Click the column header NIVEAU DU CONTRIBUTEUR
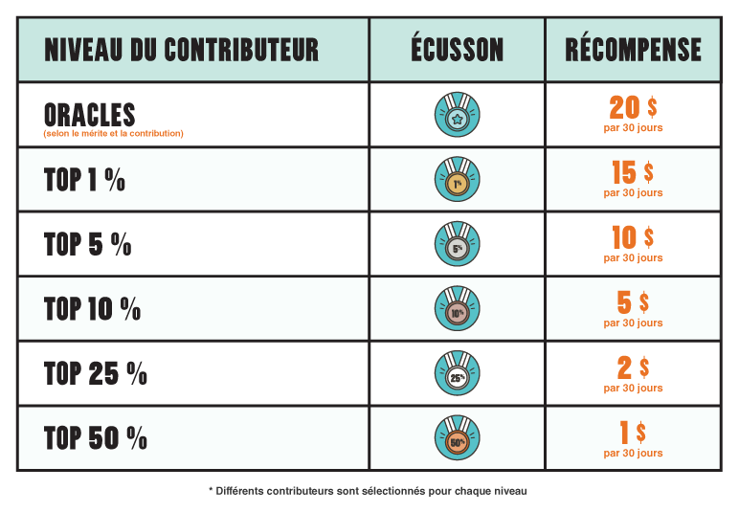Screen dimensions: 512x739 coord(181,49)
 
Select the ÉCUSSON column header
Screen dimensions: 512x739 coord(457,49)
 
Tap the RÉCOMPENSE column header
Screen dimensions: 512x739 coord(633,49)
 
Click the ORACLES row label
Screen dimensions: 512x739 coord(90,115)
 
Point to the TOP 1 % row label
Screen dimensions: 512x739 coord(84,180)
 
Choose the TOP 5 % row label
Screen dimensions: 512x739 coord(88,245)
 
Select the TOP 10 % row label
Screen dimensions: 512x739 coord(92,309)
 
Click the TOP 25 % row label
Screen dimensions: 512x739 coord(96,374)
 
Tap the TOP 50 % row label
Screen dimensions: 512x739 coord(96,438)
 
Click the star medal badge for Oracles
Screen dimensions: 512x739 coord(457,115)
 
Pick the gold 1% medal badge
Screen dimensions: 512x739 coord(457,180)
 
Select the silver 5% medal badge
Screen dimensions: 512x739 coord(457,244)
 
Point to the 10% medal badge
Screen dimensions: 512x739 coord(457,309)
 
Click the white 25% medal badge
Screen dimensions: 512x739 coord(457,374)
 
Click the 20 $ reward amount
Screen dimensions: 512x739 coord(633,108)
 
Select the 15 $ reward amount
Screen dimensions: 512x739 coord(633,173)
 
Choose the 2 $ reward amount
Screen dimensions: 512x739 coord(633,367)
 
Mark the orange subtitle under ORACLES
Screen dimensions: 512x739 coord(113,134)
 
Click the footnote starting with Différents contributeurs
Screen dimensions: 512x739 coord(369,491)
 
